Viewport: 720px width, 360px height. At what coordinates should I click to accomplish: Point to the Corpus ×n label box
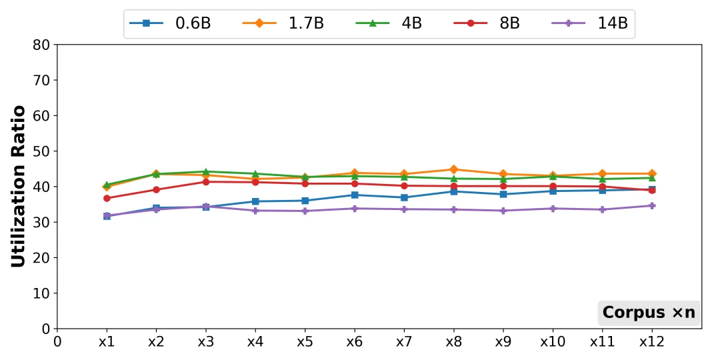tap(649, 313)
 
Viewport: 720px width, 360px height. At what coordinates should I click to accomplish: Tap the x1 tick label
tap(107, 342)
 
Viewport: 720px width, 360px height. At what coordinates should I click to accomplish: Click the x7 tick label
tap(404, 342)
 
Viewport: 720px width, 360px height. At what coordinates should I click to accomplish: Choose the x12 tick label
tap(651, 342)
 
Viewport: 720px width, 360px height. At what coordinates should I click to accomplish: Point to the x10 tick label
tap(553, 342)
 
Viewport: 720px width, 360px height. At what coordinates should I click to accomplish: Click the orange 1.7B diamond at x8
tap(454, 169)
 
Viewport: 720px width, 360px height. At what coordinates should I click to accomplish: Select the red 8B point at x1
tap(107, 198)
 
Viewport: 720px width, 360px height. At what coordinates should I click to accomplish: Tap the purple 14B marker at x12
tap(652, 205)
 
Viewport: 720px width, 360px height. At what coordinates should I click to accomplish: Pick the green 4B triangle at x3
tap(206, 171)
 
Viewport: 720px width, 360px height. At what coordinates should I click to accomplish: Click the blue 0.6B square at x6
tap(355, 195)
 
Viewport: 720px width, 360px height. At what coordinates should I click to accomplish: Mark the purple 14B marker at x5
tap(305, 211)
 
